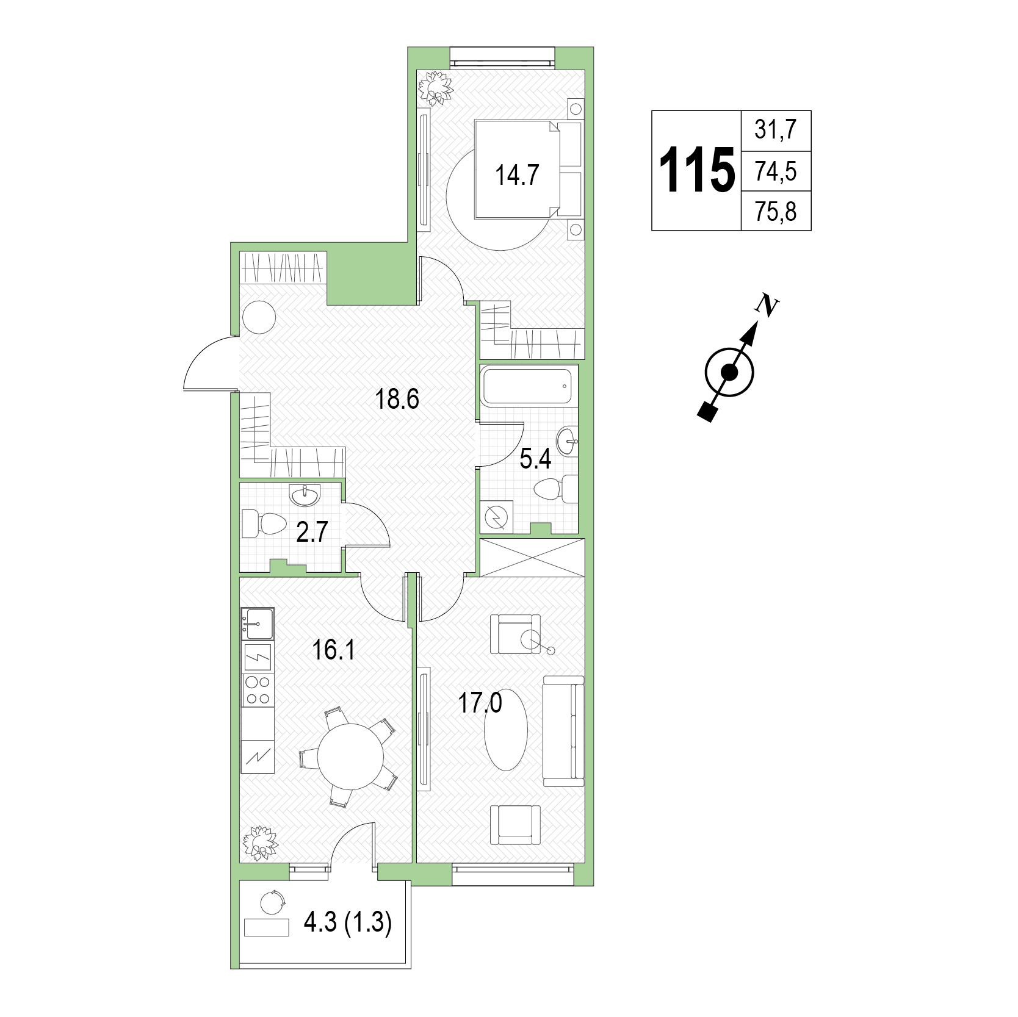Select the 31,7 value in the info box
click(x=776, y=130)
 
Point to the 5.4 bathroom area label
click(x=535, y=459)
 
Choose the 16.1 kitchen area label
click(x=333, y=651)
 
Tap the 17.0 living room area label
click(x=480, y=703)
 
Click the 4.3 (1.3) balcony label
click(x=347, y=923)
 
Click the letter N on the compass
click(x=765, y=304)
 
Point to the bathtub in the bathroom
click(x=529, y=385)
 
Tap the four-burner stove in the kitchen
click(x=257, y=689)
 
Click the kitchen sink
click(x=257, y=623)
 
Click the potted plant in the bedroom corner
click(x=435, y=88)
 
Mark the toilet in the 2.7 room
click(x=264, y=523)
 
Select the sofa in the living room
click(x=562, y=730)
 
